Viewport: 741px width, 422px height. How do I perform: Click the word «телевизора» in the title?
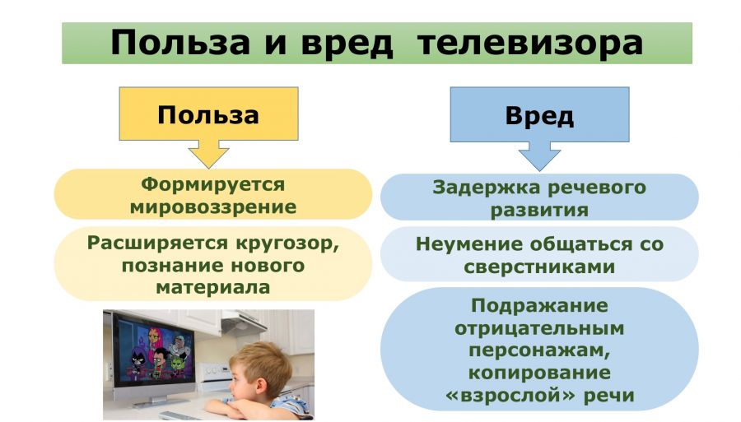(529, 43)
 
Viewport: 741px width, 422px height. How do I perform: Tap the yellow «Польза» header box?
(208, 114)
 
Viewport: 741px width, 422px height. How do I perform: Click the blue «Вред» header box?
(539, 114)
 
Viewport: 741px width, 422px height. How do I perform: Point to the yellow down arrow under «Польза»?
(208, 154)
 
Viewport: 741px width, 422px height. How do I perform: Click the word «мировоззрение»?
(213, 207)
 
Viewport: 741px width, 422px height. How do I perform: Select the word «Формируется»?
(213, 184)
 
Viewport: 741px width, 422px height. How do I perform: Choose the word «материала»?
(213, 287)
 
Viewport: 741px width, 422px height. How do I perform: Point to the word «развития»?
(539, 210)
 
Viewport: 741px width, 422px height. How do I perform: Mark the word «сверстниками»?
(539, 267)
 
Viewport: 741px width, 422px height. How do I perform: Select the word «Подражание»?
(539, 305)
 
